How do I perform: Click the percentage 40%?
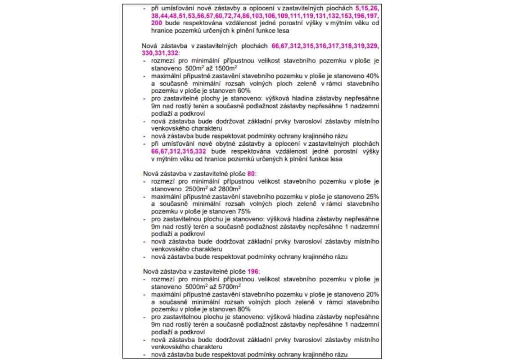tap(372, 76)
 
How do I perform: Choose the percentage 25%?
tap(372, 196)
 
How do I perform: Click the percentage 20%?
tap(372, 294)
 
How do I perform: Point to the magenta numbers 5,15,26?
tap(367, 8)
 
